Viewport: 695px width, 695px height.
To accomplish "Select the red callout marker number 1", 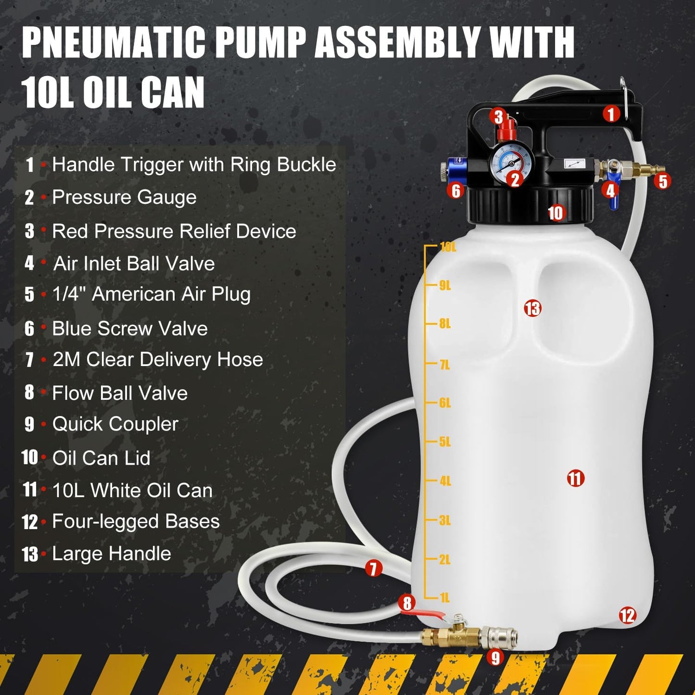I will [611, 114].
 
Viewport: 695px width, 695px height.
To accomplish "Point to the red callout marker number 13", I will [532, 308].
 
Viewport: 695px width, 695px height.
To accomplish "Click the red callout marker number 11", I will [575, 478].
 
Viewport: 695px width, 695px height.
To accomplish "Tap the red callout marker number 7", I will [373, 568].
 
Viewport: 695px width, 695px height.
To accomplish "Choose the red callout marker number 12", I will [627, 615].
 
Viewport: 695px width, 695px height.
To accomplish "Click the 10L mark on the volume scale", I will [447, 247].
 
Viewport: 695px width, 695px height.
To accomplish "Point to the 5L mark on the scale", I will [444, 442].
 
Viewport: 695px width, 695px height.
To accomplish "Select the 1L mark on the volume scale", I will [444, 597].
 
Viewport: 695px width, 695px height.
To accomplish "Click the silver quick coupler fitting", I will [500, 637].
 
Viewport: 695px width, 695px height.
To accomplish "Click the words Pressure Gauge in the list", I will [124, 197].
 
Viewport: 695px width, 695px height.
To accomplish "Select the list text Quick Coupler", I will [115, 424].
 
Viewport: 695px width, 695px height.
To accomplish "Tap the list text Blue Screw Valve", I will [130, 329].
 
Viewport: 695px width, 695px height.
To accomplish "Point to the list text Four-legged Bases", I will [136, 521].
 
